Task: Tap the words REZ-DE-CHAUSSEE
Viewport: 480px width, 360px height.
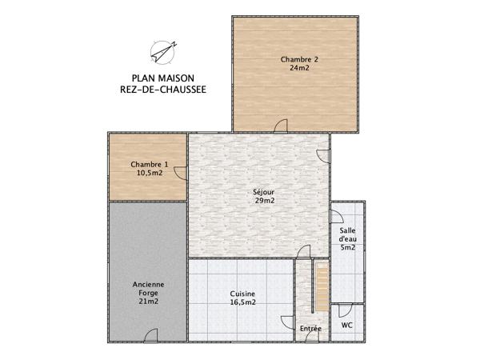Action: [x=157, y=90]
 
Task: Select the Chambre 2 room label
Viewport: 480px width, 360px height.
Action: [x=299, y=59]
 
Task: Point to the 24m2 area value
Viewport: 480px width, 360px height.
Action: [x=299, y=69]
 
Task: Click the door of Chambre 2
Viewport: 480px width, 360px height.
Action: [x=280, y=126]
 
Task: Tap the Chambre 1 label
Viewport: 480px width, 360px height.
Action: [x=150, y=164]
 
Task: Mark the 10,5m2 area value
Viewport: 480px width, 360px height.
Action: [x=150, y=173]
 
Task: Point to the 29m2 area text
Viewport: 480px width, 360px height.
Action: [x=265, y=201]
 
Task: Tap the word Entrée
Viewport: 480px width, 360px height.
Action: [x=310, y=329]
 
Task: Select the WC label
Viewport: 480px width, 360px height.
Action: [x=347, y=326]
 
